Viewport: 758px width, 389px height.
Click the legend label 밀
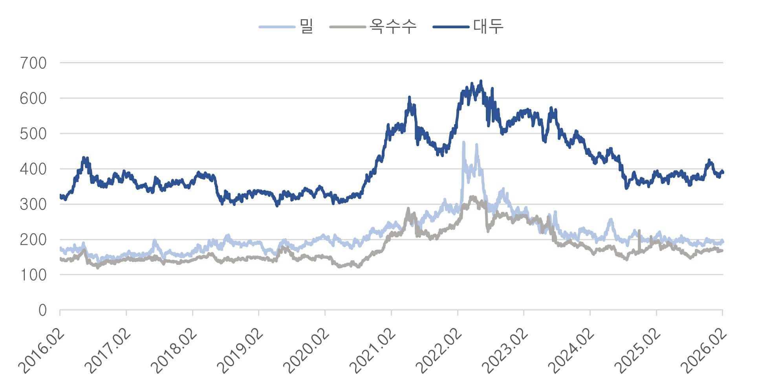point(306,26)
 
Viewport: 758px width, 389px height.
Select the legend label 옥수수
point(393,26)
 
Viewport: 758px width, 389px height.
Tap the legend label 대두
point(488,26)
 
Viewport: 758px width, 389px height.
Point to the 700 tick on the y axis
point(33,63)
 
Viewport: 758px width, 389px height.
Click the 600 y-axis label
point(33,98)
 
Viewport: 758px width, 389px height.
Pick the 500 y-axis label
point(33,134)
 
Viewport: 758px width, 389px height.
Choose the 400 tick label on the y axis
point(33,169)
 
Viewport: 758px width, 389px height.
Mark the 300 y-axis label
point(33,204)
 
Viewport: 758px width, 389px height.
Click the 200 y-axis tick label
point(33,240)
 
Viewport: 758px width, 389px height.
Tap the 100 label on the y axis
point(33,275)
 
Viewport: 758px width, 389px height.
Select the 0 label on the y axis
point(42,310)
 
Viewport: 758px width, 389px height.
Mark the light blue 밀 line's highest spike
point(464,142)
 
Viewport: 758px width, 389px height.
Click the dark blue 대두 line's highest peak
point(481,81)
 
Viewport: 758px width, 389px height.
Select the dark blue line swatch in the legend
point(451,27)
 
